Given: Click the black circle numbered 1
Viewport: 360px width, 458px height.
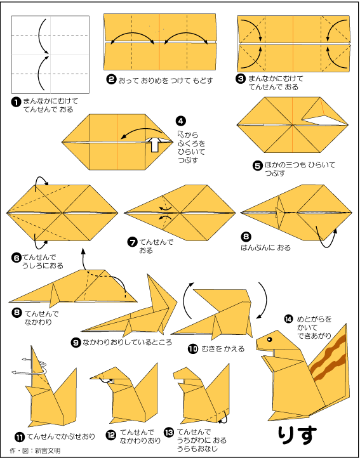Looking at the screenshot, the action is click(16, 101).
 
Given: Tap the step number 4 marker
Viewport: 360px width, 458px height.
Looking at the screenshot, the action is click(181, 121).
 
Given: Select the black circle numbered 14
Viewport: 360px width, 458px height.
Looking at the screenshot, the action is click(288, 319).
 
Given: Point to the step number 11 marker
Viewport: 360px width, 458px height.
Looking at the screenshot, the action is click(20, 437).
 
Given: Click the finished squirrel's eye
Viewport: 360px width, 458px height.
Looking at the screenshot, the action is click(269, 339).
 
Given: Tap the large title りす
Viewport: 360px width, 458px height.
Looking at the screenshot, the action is click(297, 435).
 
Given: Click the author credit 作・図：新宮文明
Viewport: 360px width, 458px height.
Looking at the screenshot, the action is click(35, 450).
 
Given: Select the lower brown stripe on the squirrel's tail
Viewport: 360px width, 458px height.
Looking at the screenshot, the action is click(330, 368).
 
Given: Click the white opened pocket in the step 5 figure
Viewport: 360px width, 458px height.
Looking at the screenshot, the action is click(317, 119).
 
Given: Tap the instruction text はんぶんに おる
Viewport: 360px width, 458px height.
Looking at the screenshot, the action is click(266, 247).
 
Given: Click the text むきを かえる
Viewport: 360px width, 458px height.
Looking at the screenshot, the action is click(223, 348).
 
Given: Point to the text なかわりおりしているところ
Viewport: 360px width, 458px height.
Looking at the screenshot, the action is click(128, 343).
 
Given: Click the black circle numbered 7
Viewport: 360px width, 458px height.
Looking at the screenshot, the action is click(133, 242).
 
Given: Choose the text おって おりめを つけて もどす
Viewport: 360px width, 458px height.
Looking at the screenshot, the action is click(166, 81).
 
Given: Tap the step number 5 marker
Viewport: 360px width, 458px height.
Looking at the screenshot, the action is click(257, 166).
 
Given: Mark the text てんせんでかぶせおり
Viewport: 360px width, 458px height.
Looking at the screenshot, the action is click(61, 437).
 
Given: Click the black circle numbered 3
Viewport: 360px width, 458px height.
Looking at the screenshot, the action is click(241, 79).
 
